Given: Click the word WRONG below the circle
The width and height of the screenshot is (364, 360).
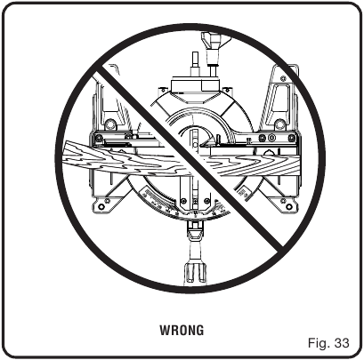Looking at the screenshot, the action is click(x=182, y=331).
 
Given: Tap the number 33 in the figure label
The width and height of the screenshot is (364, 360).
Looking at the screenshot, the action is click(x=342, y=343).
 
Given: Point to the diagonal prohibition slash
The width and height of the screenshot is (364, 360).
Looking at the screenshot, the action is click(x=190, y=158).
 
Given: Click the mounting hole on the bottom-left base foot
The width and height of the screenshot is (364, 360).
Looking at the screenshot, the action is click(x=101, y=206).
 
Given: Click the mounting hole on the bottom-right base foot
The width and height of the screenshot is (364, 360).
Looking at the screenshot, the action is click(x=288, y=206).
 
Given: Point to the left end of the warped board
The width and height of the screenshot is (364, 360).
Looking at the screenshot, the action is click(x=64, y=155).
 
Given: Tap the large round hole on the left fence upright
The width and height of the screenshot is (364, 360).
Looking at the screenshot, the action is click(x=110, y=123).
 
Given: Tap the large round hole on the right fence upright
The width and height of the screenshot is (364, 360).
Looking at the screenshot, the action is click(x=279, y=124).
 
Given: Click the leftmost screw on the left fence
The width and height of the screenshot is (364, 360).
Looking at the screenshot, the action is click(x=99, y=138).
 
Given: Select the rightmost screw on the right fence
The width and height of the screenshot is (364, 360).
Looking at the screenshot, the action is click(x=292, y=138).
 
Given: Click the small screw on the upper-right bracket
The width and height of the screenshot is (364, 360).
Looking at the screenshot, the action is click(x=283, y=78).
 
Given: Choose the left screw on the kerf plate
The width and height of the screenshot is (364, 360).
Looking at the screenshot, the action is click(x=183, y=201).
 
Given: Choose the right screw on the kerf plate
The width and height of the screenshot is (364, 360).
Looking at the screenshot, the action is click(x=206, y=201).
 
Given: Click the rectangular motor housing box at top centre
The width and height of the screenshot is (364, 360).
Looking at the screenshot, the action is click(x=196, y=85).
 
